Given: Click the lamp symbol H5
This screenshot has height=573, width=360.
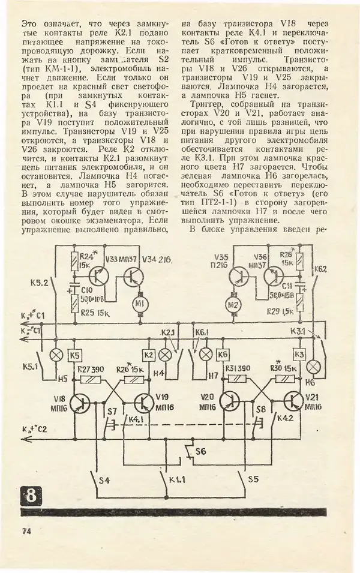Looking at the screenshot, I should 59,354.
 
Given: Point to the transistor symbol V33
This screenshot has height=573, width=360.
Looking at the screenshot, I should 95,275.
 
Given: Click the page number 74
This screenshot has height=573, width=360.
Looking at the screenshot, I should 26,531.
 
